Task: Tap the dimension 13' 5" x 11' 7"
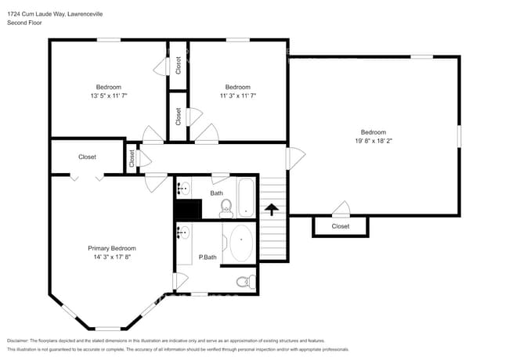(108, 95)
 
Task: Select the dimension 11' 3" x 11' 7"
(237, 95)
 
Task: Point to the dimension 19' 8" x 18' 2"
(373, 142)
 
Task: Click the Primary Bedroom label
(111, 247)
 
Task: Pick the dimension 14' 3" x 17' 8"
(111, 256)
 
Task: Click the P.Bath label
(208, 257)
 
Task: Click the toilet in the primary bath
(244, 282)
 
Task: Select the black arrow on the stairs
(271, 209)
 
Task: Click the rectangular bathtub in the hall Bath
(246, 198)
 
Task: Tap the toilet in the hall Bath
(226, 207)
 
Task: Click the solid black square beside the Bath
(188, 209)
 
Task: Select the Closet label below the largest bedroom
(340, 226)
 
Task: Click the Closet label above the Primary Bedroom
(87, 157)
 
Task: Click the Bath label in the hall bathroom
(216, 192)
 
